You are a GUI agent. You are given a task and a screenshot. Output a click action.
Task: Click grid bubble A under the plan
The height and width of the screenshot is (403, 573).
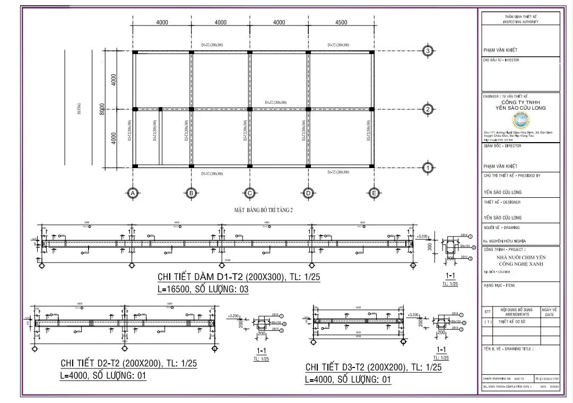click(133, 194)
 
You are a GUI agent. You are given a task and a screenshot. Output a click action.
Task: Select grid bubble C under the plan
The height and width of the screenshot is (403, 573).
click(249, 194)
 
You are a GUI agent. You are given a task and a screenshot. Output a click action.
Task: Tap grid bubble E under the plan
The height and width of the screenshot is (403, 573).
click(374, 194)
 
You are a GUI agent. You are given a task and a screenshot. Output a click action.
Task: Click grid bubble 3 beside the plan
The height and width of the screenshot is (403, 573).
click(428, 51)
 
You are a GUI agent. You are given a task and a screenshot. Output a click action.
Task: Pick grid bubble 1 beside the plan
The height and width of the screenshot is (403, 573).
click(428, 168)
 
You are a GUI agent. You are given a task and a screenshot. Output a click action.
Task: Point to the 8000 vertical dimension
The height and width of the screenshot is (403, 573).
click(102, 110)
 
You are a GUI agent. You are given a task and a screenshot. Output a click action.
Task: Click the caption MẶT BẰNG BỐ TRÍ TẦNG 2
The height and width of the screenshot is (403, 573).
click(264, 209)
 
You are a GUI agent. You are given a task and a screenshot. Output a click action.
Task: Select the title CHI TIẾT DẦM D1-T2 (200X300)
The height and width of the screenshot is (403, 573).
click(239, 277)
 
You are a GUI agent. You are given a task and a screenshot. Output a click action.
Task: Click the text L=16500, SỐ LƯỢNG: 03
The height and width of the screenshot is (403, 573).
click(203, 290)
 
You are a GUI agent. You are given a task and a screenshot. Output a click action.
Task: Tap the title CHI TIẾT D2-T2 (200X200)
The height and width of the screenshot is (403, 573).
click(129, 364)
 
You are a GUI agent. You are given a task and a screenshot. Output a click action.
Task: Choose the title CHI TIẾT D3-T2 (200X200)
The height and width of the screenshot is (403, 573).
click(374, 367)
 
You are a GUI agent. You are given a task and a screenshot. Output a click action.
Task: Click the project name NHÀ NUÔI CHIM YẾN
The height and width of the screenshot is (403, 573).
click(520, 257)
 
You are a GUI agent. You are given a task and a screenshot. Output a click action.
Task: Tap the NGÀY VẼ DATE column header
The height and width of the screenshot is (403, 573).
click(550, 312)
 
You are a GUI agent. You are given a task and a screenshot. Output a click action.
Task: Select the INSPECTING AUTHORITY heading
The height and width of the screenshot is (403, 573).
click(520, 22)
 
